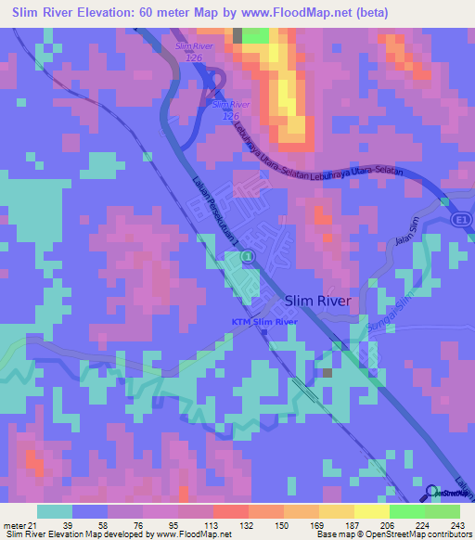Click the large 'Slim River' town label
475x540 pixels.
(317, 301)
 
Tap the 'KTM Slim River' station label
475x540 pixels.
(264, 322)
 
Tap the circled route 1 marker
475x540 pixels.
(248, 256)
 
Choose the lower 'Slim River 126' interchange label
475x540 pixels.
(231, 109)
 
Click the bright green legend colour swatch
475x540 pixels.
(406, 512)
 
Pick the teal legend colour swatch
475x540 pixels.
(55, 512)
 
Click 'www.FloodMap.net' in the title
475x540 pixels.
(302, 12)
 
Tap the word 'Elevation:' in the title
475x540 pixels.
(120, 12)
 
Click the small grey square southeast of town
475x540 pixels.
(327, 373)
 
